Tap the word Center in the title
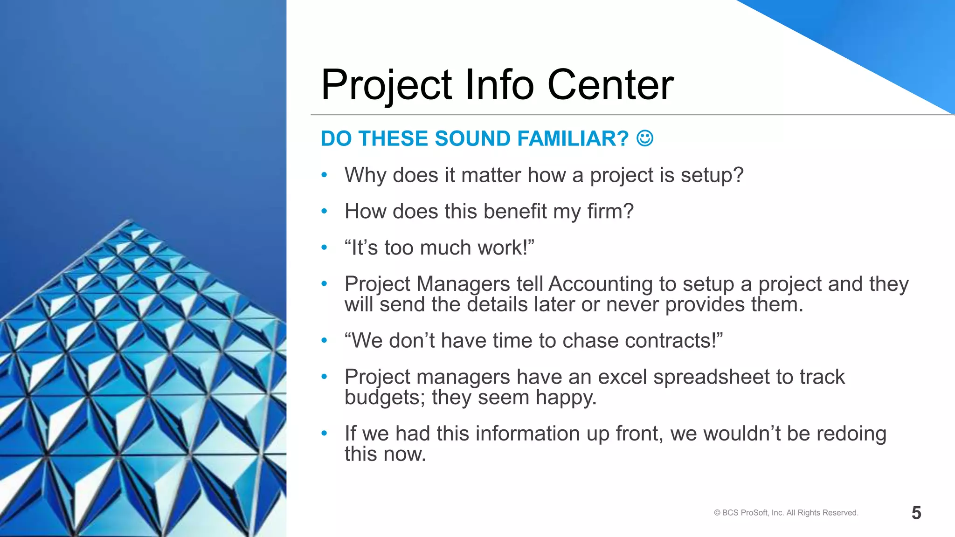point(610,85)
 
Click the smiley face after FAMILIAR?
point(645,138)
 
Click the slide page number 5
point(916,513)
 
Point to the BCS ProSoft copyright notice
point(786,513)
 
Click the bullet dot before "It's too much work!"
point(324,248)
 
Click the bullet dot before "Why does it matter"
point(324,175)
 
